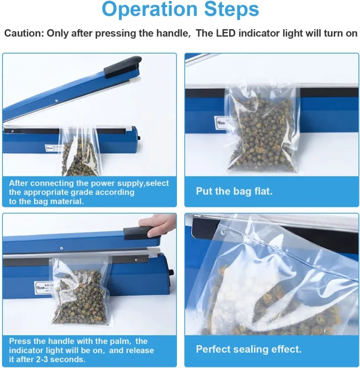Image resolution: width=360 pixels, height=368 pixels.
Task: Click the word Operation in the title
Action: click(x=150, y=9)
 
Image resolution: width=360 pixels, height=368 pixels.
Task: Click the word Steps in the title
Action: click(x=232, y=9)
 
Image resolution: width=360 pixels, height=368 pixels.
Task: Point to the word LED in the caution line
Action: click(x=226, y=33)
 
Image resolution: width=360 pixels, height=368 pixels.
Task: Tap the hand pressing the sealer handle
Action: click(x=157, y=225)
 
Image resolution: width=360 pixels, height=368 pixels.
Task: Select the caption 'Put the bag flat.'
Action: click(x=234, y=191)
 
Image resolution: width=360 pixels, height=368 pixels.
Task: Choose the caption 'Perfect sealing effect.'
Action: click(x=249, y=349)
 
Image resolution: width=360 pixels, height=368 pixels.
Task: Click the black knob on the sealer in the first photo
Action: click(x=139, y=138)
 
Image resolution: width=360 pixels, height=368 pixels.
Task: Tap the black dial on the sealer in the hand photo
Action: click(x=171, y=273)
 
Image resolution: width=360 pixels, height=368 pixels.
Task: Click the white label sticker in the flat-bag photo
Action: click(x=220, y=122)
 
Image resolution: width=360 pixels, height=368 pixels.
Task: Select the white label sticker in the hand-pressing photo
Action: click(x=43, y=287)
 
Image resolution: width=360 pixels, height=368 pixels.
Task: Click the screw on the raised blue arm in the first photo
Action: click(x=57, y=101)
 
